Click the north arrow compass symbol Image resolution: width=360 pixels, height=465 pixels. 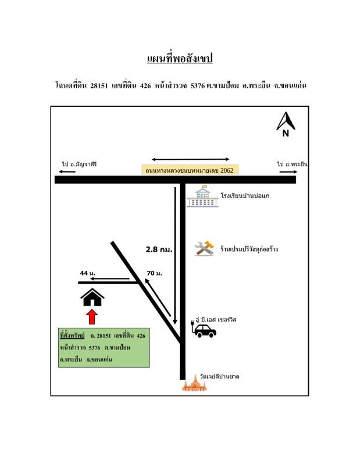coord(286,124)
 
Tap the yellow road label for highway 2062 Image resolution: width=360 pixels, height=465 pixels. coord(191,170)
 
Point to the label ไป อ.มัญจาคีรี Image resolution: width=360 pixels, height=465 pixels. coord(79,164)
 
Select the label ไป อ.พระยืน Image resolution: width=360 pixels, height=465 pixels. coord(293,164)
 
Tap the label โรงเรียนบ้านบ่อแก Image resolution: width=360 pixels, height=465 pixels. coord(245,196)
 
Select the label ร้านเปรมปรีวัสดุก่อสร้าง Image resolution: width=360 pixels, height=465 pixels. coord(249,249)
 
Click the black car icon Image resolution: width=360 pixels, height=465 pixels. coord(204,331)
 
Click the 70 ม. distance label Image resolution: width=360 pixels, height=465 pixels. coord(154,273)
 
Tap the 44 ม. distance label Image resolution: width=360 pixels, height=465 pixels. coord(89,273)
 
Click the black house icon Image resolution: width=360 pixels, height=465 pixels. coord(92,298)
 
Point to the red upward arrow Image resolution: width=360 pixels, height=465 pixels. coord(92,317)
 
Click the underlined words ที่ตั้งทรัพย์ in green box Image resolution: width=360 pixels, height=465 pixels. coord(73,336)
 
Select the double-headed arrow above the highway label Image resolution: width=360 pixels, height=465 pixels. coord(191,159)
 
